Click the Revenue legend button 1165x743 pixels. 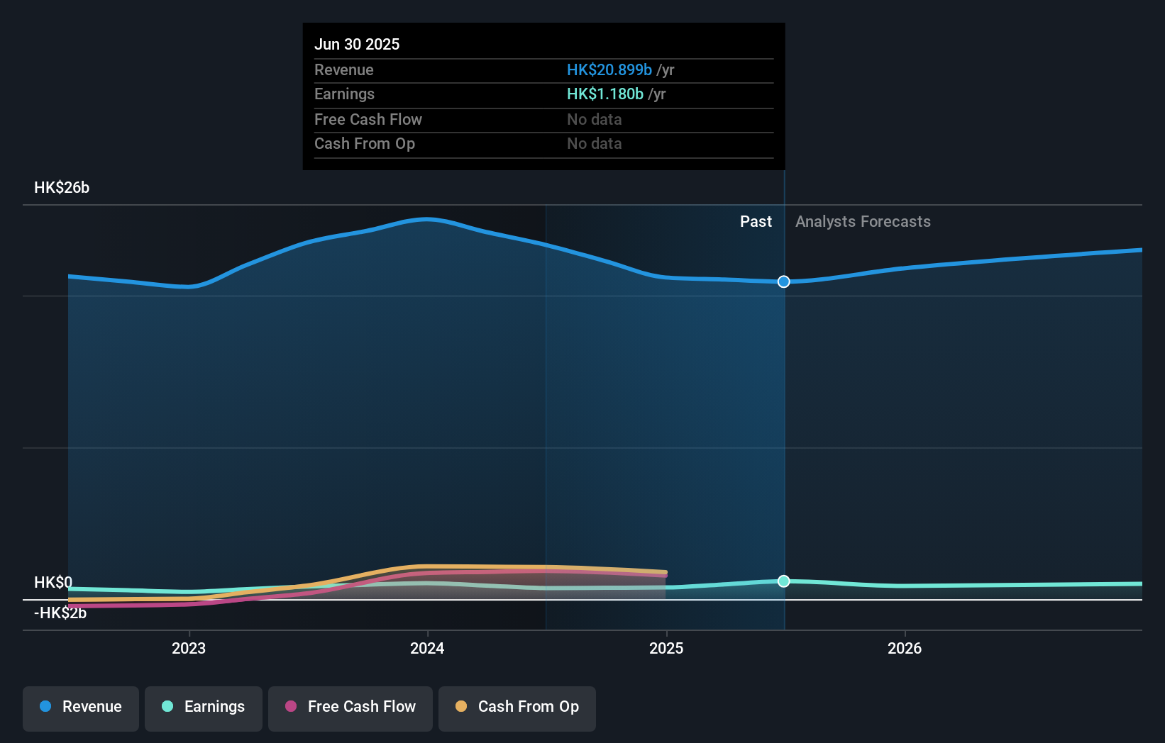pos(81,707)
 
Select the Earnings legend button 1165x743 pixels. pos(204,707)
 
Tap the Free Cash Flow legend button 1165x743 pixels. pos(350,707)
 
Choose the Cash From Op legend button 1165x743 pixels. pos(517,707)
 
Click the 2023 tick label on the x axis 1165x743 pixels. pos(189,648)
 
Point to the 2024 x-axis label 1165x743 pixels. pos(427,648)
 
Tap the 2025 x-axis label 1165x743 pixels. pos(666,648)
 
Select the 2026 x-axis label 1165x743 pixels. pos(905,648)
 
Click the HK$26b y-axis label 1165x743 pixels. pos(62,188)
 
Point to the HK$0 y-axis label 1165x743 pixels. pos(53,582)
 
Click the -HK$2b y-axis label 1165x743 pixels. pos(60,613)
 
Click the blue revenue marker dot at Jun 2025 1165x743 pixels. pos(783,281)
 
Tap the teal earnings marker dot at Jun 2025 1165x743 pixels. pos(783,581)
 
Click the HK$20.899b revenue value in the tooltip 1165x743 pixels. pos(609,69)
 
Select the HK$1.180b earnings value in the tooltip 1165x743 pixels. pos(604,94)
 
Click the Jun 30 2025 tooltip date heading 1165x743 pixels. pos(357,44)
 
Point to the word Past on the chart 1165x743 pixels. pos(756,222)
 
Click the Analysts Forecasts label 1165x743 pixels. pos(863,222)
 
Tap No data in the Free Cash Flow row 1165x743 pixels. pos(594,119)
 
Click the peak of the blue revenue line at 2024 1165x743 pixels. pos(426,219)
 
